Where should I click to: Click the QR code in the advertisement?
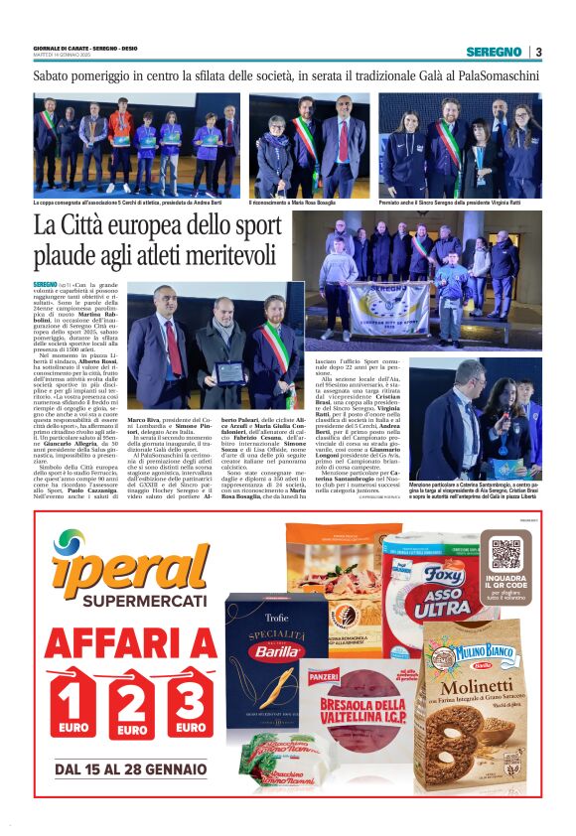[x=505, y=554]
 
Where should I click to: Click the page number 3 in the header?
[x=537, y=52]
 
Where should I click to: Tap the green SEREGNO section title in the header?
[x=494, y=52]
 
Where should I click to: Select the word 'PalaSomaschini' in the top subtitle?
[x=489, y=75]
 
